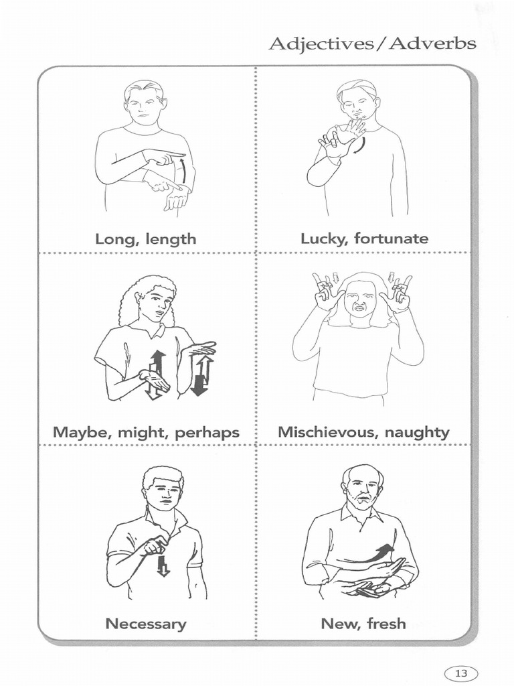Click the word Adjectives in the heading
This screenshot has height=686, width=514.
pos(321,45)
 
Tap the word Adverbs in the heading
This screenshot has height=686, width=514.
pos(432,44)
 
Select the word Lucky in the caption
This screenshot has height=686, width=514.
pos(322,239)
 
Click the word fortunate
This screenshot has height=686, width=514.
pos(392,238)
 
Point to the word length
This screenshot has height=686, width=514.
pos(171,240)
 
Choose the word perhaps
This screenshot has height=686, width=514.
pos(207,433)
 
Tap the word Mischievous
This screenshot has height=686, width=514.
pos(329,432)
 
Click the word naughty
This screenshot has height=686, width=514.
pos(417,433)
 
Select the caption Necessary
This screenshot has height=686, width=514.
pos(146,624)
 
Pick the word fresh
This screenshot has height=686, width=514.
pos(386,623)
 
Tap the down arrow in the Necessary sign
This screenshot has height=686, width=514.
pos(163,566)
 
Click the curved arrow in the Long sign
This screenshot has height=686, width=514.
pos(184,171)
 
